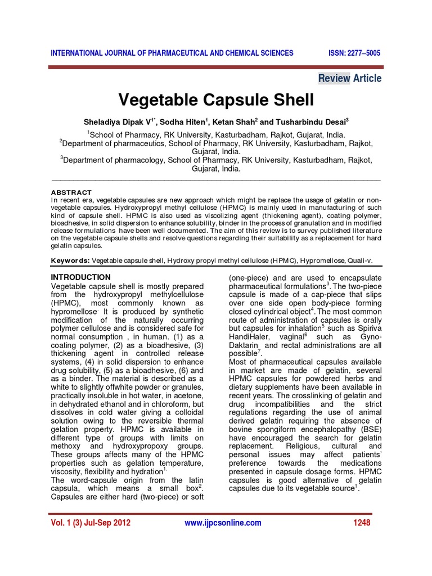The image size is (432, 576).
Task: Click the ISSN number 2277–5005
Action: click(x=354, y=53)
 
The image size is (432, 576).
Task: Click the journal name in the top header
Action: click(x=172, y=53)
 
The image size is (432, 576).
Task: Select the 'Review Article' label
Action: click(x=350, y=78)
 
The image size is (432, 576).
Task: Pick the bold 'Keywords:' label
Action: click(x=70, y=260)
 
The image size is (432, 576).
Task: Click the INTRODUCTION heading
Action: click(x=81, y=277)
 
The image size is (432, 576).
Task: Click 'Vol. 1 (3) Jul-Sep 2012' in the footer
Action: click(x=91, y=523)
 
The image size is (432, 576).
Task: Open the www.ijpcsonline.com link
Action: click(x=223, y=523)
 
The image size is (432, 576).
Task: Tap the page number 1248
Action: click(x=362, y=523)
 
